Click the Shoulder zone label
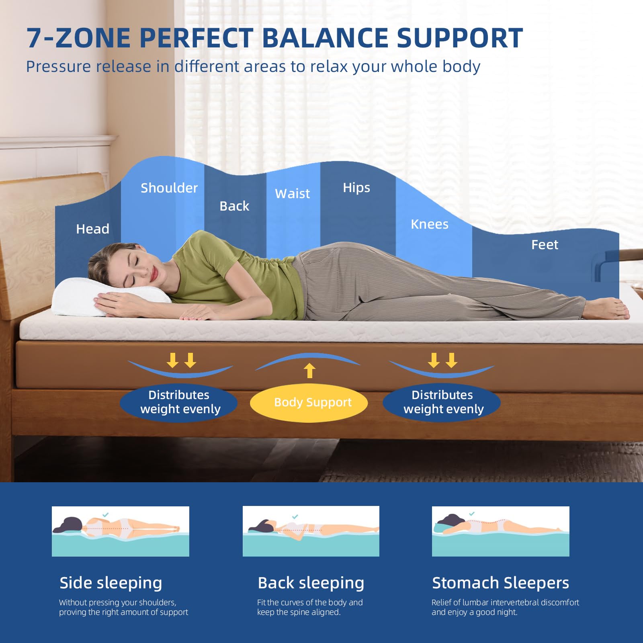click(x=169, y=188)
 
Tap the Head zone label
click(x=92, y=229)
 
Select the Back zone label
click(x=234, y=206)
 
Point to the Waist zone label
click(x=292, y=194)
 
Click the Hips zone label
click(x=356, y=188)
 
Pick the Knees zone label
click(x=429, y=224)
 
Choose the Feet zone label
click(x=545, y=245)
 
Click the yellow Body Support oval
click(x=309, y=403)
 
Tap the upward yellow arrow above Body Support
click(x=309, y=370)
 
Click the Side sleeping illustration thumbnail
click(x=120, y=531)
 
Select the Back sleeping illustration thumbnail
click(x=311, y=531)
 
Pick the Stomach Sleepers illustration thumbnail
click(x=500, y=531)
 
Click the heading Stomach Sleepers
click(x=500, y=583)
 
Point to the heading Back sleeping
click(x=311, y=583)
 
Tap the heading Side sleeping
click(x=111, y=583)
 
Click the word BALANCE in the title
click(x=326, y=38)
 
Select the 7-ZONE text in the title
click(x=78, y=38)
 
